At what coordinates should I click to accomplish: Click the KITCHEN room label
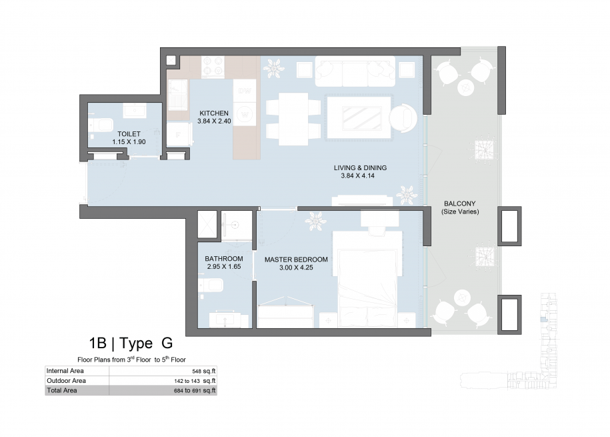[x=214, y=113]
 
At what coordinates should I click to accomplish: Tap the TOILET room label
[x=129, y=134]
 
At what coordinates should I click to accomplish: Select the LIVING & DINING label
[x=360, y=168]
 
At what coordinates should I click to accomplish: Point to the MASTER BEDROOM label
[x=296, y=260]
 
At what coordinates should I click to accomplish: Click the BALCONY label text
[x=460, y=203]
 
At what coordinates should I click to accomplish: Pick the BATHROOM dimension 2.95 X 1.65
[x=224, y=267]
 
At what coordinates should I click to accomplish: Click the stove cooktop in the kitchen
[x=213, y=66]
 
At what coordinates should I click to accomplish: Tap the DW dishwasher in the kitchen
[x=245, y=91]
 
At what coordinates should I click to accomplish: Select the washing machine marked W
[x=245, y=114]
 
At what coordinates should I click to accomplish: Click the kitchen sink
[x=178, y=95]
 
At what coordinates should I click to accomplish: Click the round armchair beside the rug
[x=403, y=118]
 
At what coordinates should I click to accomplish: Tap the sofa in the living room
[x=355, y=71]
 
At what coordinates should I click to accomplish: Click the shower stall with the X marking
[x=207, y=224]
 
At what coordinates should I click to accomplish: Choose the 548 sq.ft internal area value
[x=204, y=371]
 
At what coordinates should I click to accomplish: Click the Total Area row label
[x=62, y=390]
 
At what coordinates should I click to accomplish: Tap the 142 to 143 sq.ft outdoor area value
[x=195, y=381]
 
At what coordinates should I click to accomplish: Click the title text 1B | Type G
[x=131, y=343]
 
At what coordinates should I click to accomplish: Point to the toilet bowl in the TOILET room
[x=102, y=125]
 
